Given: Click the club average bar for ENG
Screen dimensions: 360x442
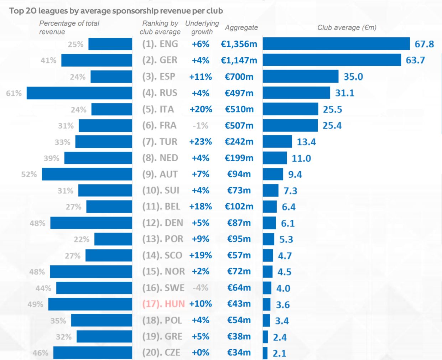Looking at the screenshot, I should [x=336, y=44].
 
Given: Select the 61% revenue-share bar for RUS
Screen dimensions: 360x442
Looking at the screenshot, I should [x=79, y=93].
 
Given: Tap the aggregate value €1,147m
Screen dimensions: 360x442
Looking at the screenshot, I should [x=239, y=61].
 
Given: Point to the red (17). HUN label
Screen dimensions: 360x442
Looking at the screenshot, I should [x=163, y=304].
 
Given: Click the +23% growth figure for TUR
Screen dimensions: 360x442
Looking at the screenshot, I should [x=201, y=142].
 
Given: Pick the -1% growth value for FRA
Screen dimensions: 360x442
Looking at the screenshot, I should [x=201, y=126].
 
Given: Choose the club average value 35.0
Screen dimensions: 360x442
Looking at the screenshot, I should [x=353, y=77].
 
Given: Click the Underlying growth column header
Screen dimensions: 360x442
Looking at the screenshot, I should [x=202, y=27].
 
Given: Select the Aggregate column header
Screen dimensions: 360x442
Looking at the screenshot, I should [x=241, y=27].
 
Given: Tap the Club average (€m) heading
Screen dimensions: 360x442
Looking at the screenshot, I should [x=347, y=27].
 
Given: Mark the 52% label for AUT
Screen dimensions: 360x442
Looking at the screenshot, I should [x=29, y=174].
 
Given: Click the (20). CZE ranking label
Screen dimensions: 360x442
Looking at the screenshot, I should [x=161, y=353].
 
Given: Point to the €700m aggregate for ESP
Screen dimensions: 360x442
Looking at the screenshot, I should [x=239, y=77].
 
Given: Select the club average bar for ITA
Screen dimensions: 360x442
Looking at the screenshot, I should [x=290, y=109].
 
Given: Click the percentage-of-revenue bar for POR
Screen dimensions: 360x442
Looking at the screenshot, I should [x=113, y=239].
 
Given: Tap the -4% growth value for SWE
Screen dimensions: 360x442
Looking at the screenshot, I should [x=201, y=288].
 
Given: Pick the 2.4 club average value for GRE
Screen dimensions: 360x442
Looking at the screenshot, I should [x=280, y=337].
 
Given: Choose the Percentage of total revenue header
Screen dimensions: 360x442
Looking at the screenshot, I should [x=69, y=27].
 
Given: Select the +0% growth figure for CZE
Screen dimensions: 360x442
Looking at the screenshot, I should [x=201, y=353].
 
